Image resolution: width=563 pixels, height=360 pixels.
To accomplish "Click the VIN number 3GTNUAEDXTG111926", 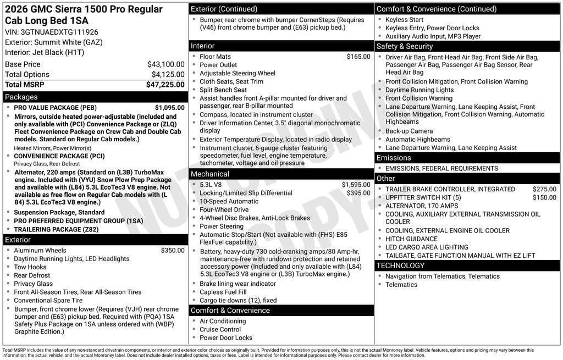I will [x=60, y=32].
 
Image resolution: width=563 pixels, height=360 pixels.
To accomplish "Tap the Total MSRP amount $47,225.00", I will [x=165, y=85].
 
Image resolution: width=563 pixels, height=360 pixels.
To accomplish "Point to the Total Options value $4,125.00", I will [x=168, y=74].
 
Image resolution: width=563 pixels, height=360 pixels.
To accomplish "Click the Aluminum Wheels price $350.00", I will [x=173, y=251].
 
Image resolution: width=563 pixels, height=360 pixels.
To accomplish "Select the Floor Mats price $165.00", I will [x=358, y=57].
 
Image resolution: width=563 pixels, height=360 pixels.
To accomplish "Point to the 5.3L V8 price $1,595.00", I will [x=356, y=185].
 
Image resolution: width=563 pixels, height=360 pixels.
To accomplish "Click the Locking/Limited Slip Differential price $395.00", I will [x=358, y=193].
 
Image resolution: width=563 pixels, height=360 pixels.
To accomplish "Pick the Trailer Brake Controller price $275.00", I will [x=544, y=189].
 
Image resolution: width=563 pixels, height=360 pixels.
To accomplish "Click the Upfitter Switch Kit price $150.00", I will [x=544, y=197].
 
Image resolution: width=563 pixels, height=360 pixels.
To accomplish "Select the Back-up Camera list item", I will [x=409, y=131].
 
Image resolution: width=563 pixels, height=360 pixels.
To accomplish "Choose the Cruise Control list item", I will [x=220, y=330].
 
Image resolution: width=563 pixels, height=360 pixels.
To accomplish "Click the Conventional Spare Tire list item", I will [x=48, y=301].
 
